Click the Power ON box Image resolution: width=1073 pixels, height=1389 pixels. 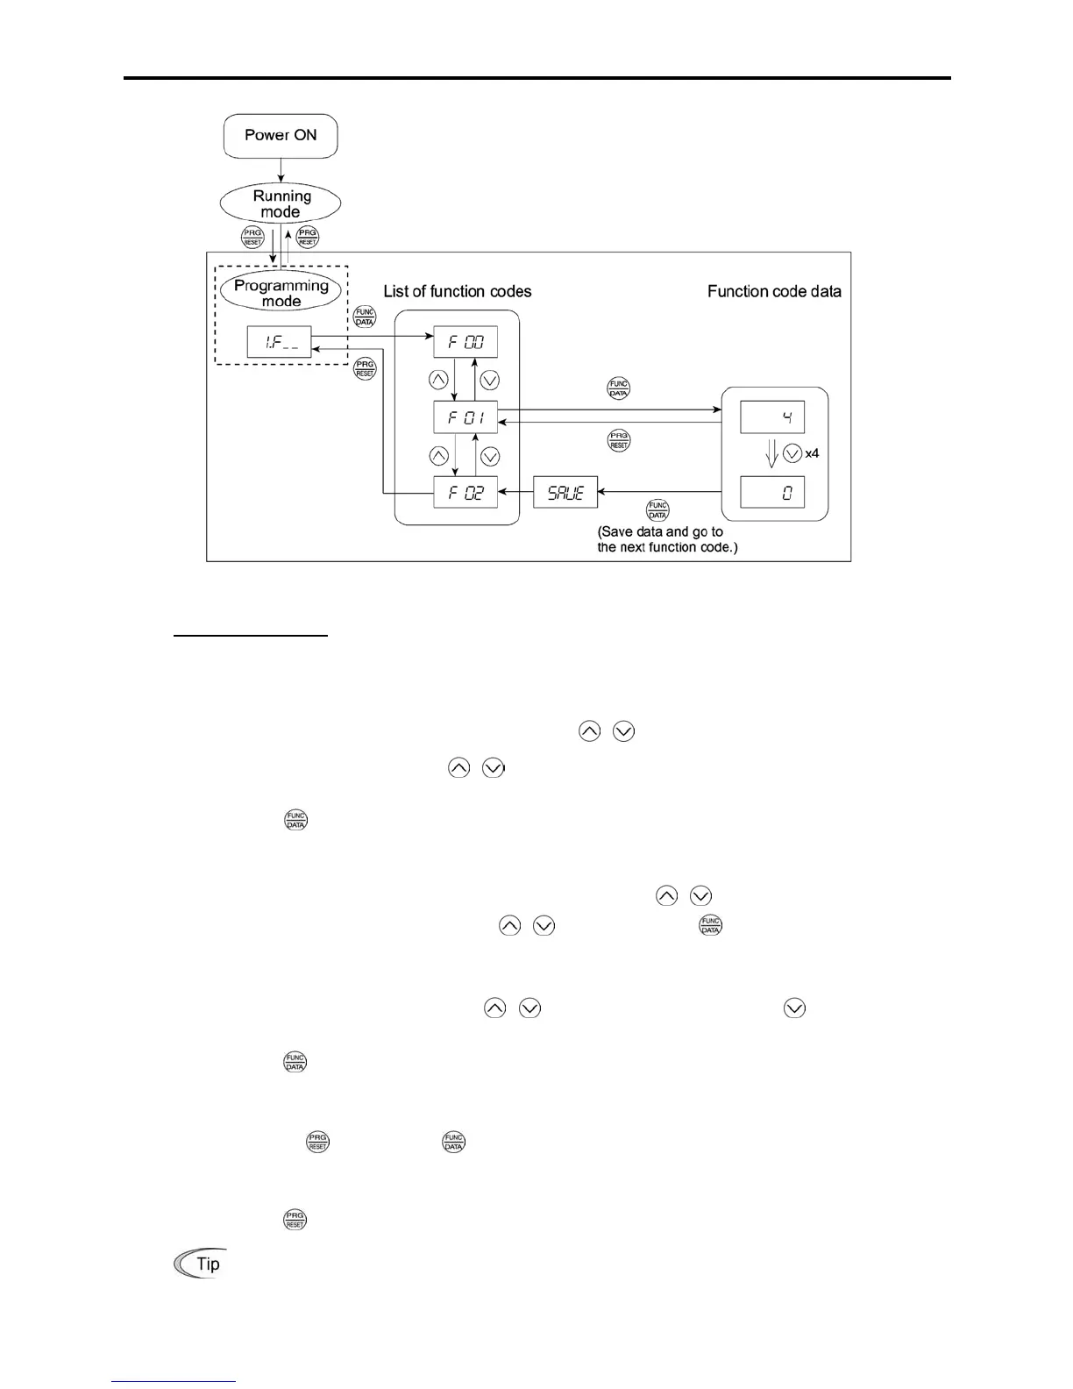click(281, 136)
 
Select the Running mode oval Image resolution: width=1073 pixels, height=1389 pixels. click(281, 204)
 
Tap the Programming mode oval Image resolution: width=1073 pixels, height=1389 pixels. click(281, 293)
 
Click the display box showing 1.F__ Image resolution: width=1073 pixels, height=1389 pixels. click(280, 342)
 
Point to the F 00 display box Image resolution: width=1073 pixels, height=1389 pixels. click(465, 342)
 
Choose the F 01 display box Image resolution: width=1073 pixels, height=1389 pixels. click(465, 417)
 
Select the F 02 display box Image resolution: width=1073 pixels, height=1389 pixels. click(465, 492)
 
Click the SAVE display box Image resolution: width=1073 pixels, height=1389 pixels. click(565, 492)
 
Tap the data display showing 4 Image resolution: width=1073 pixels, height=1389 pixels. click(772, 417)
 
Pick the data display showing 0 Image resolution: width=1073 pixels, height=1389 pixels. click(772, 492)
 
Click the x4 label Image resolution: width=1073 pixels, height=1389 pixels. click(812, 454)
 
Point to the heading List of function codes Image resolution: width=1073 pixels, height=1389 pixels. click(458, 291)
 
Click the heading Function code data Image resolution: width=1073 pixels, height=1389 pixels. click(774, 291)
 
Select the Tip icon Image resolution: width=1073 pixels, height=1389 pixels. click(200, 1264)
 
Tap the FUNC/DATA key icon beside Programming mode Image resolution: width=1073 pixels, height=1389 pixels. click(364, 317)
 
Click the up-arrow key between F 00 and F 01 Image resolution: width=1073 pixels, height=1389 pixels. click(438, 381)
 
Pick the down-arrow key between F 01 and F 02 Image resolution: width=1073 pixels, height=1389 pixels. click(491, 456)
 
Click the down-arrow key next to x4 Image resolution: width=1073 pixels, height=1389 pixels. click(792, 454)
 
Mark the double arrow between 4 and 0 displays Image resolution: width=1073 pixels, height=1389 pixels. click(771, 454)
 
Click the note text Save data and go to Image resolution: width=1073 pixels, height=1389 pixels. click(661, 532)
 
